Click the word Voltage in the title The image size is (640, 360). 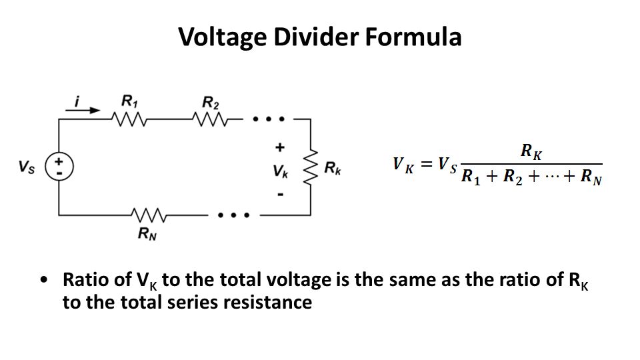pos(223,37)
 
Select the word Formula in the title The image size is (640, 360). pos(413,36)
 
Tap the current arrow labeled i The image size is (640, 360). pos(83,110)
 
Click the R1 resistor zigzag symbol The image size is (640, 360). pos(129,119)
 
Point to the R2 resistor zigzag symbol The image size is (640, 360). pos(210,119)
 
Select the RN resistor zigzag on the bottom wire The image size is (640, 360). pos(149,215)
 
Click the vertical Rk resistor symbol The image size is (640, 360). pos(311,167)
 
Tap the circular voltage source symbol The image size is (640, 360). pos(59,167)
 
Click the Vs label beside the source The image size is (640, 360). pos(27,167)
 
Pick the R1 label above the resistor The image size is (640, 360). pos(130,101)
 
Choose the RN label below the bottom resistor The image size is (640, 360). pos(147,233)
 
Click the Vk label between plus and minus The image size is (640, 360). pos(281,171)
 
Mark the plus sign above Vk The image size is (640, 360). pos(279,147)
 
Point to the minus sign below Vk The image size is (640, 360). pos(281,195)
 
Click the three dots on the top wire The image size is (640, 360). pos(269,119)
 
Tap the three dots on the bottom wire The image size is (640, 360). pos(233,215)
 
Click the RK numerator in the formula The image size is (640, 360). pos(531,152)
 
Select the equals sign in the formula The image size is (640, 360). pos(426,164)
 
